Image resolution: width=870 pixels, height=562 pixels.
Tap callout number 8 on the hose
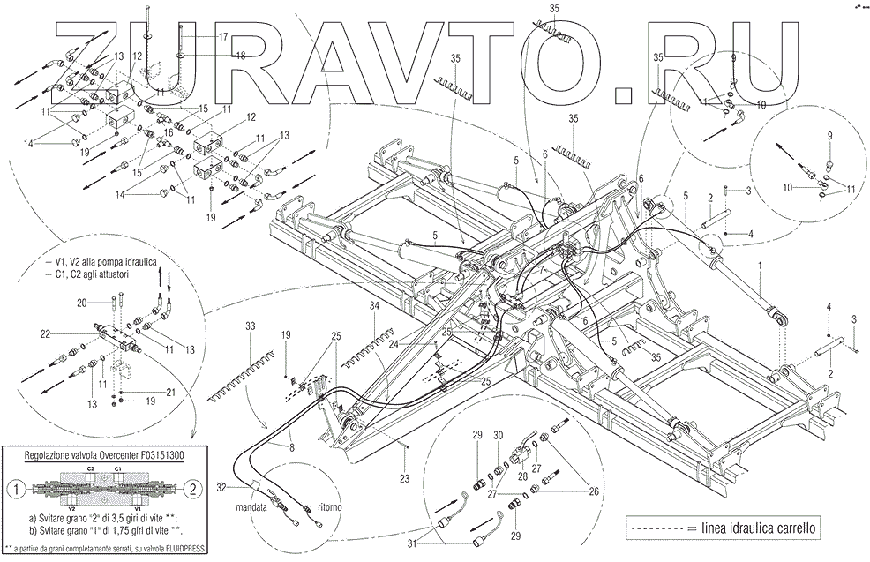tap(290, 448)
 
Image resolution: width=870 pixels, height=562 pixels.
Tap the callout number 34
tap(374, 304)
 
